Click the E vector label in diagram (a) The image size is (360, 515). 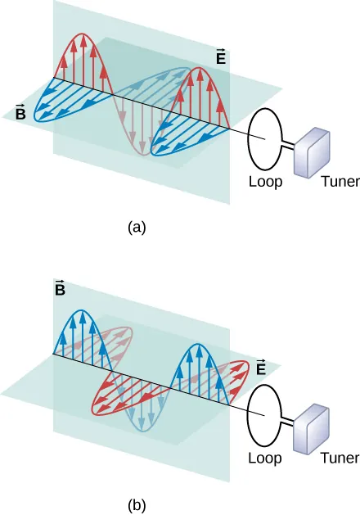coord(222,58)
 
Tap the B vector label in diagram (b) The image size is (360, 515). coord(60,288)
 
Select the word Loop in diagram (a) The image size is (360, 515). coord(265,183)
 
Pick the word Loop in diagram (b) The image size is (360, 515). coord(265,458)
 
